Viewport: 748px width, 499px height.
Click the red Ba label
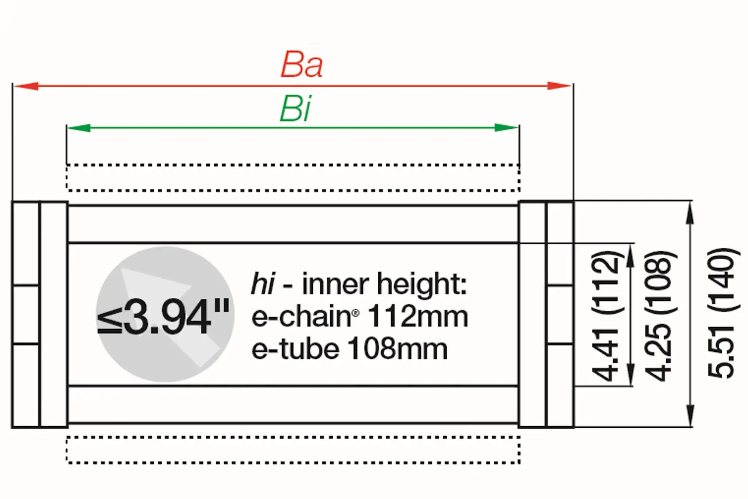pos(302,65)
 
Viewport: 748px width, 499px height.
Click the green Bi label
pos(295,109)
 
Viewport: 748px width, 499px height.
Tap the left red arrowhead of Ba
pos(26,86)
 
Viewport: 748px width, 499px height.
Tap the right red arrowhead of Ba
pos(559,86)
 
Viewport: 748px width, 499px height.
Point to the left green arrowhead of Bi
pos(79,128)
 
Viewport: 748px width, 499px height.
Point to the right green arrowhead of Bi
pos(506,128)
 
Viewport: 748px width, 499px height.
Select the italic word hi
pos(262,284)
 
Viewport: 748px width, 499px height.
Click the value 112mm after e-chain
pos(418,317)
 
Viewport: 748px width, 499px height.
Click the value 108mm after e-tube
pos(397,349)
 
